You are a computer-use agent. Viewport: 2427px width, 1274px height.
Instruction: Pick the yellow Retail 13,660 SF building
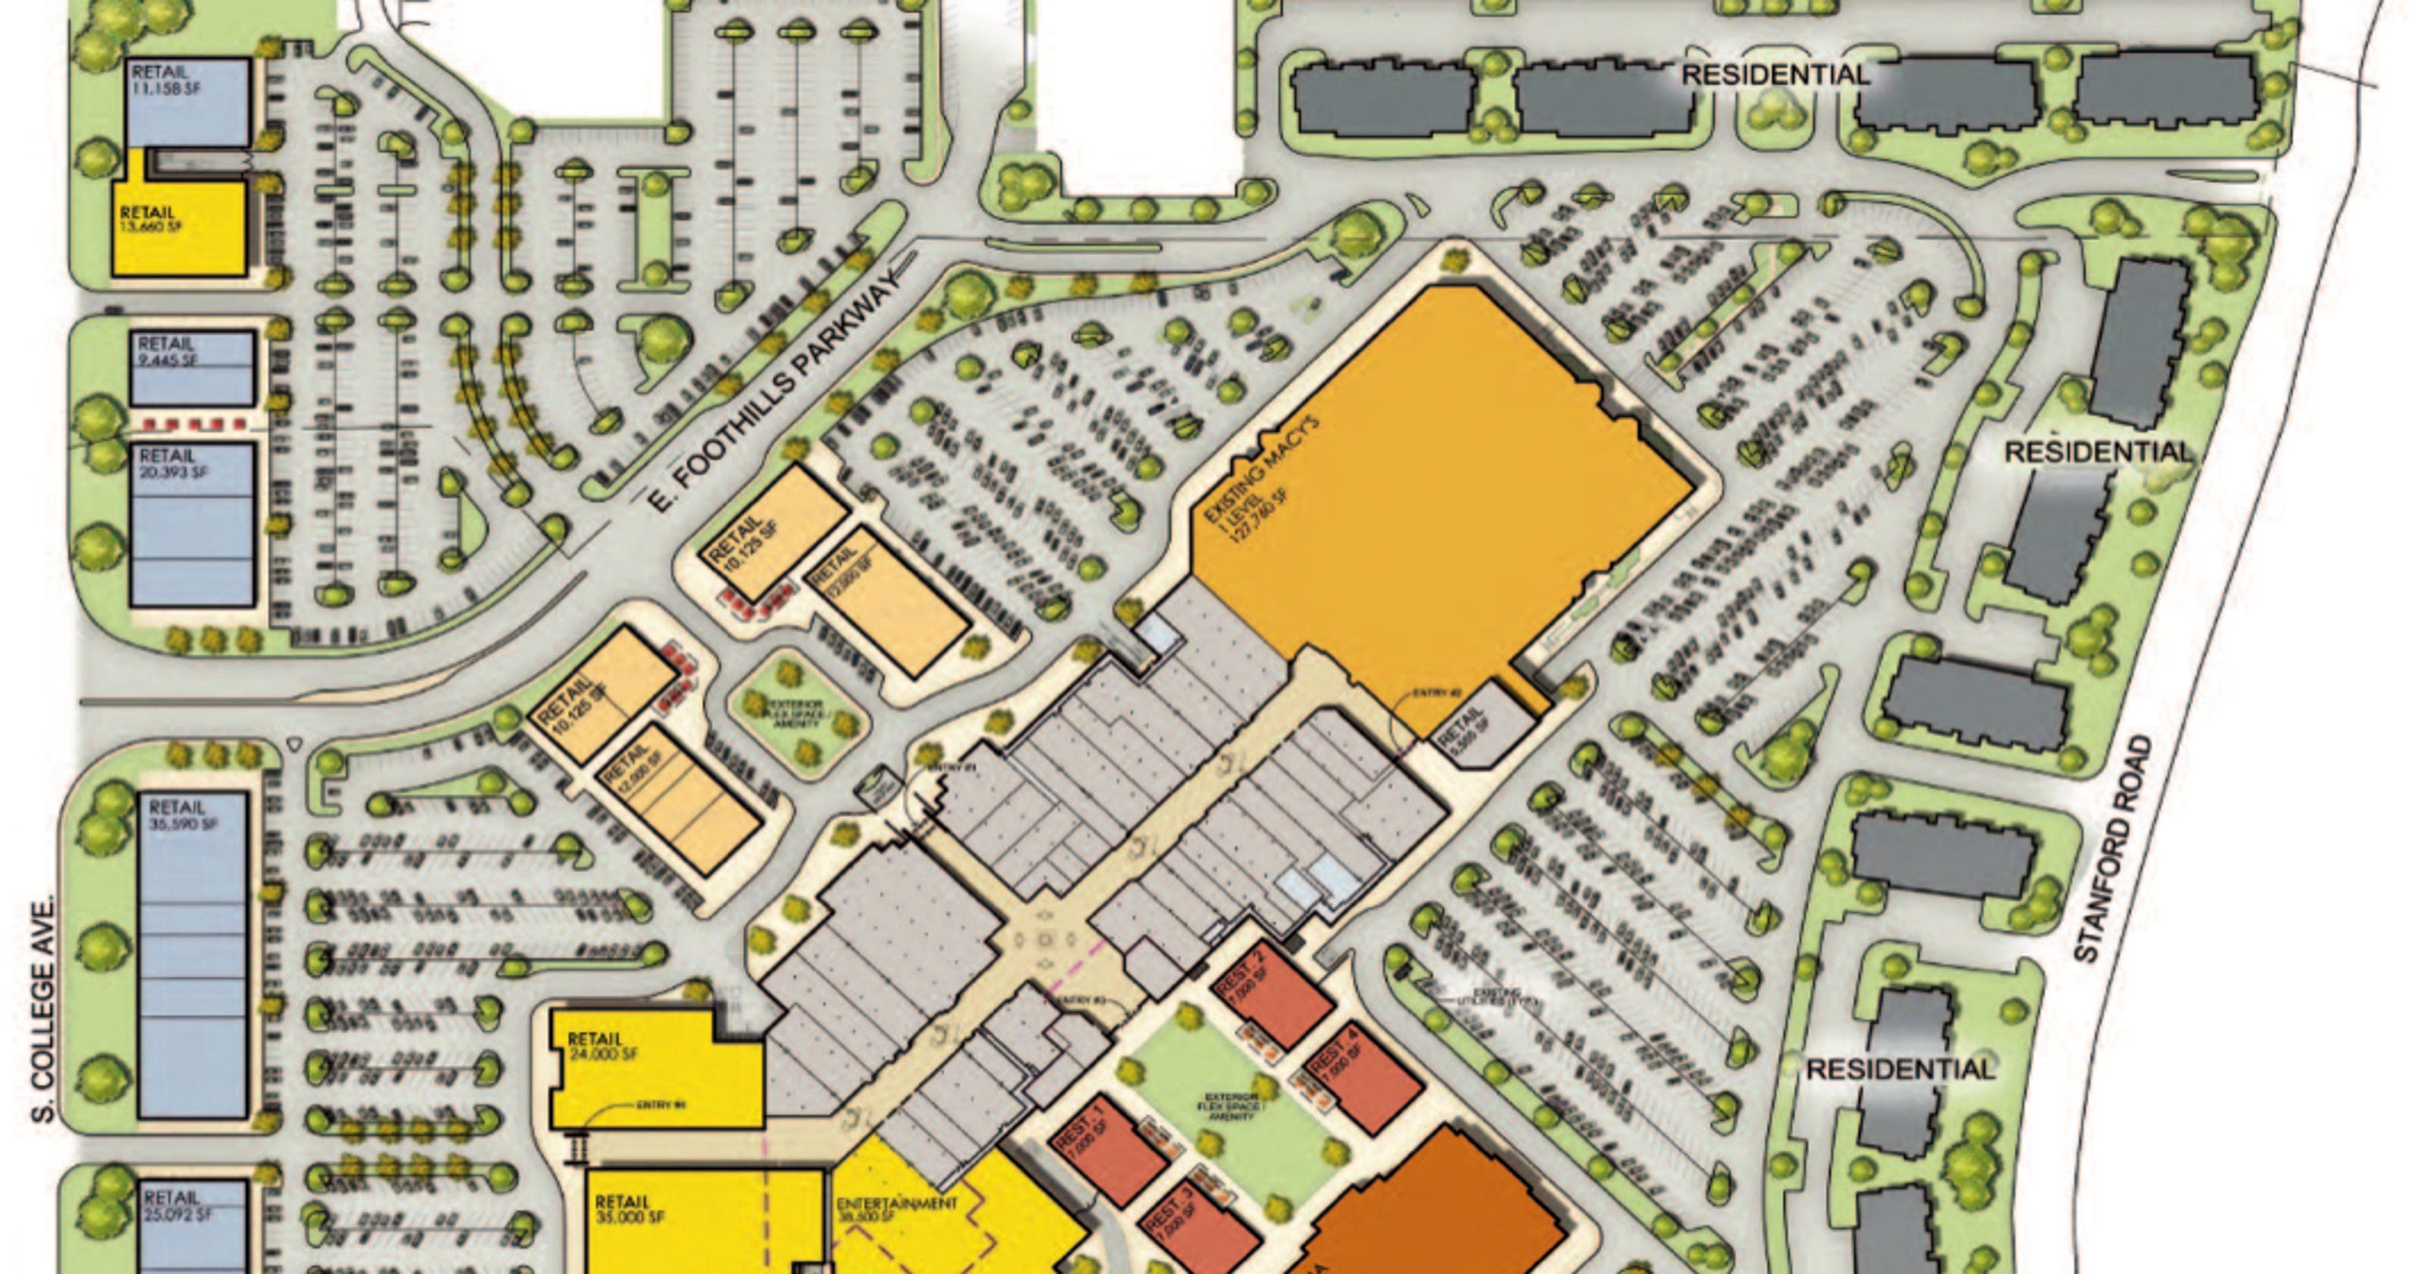[179, 226]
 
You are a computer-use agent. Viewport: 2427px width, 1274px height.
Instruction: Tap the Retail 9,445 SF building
[192, 368]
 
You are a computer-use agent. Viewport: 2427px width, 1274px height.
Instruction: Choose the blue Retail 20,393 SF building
[192, 524]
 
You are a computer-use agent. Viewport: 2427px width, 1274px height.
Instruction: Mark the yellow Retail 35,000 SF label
[630, 1210]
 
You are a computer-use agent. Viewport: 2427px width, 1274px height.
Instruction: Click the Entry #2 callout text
[1436, 695]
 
